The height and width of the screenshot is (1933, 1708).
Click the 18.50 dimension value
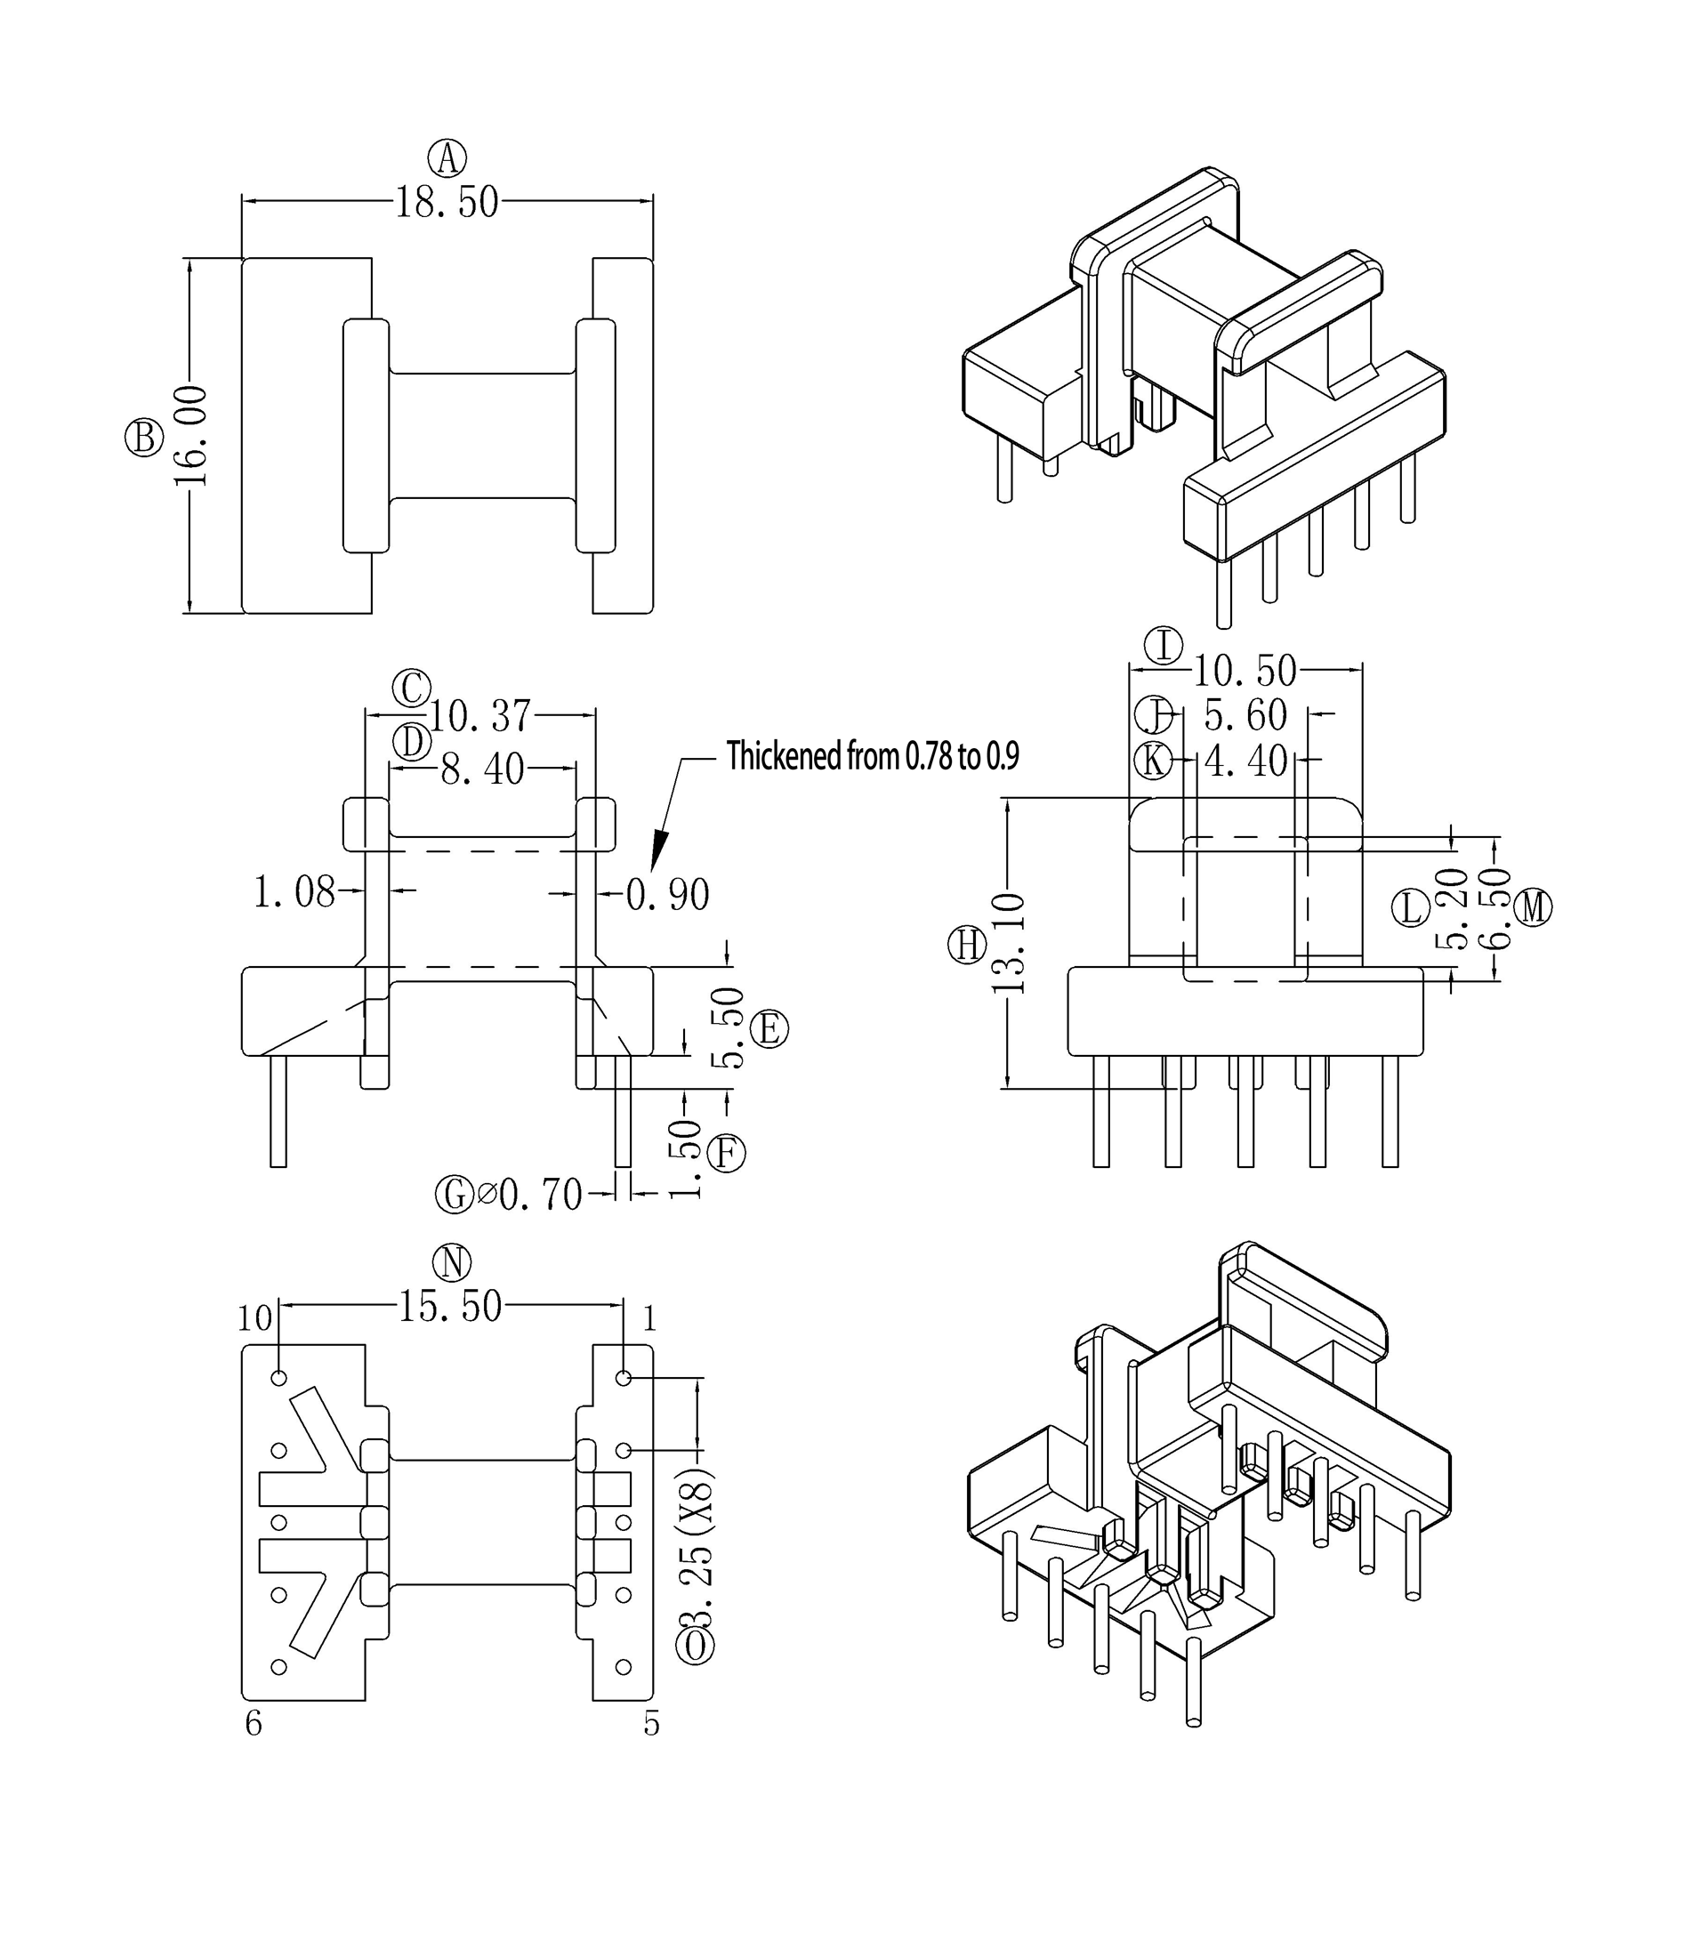(446, 203)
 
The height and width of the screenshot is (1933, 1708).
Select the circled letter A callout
(447, 158)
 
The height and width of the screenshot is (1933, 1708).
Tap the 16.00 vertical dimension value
(191, 435)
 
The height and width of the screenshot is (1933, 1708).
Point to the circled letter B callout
(144, 438)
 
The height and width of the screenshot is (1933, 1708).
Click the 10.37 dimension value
(480, 716)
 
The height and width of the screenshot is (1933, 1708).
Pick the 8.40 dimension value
(482, 769)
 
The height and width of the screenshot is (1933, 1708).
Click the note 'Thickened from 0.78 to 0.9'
(872, 755)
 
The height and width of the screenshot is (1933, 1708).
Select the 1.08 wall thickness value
(294, 892)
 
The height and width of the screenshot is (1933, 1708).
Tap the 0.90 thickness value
(669, 894)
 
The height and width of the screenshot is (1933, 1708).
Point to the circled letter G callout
(453, 1195)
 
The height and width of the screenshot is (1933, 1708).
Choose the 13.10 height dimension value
(1009, 942)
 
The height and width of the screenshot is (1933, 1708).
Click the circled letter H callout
(967, 945)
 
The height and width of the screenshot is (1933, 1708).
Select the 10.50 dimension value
(1245, 671)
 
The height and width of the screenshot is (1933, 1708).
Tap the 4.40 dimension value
(1245, 761)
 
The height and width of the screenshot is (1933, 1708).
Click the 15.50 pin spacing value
(449, 1306)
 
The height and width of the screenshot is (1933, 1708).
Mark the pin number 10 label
(254, 1318)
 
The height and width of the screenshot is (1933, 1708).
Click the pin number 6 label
(254, 1724)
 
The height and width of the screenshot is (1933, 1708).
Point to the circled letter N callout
(451, 1262)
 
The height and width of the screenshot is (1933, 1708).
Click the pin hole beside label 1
(624, 1378)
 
